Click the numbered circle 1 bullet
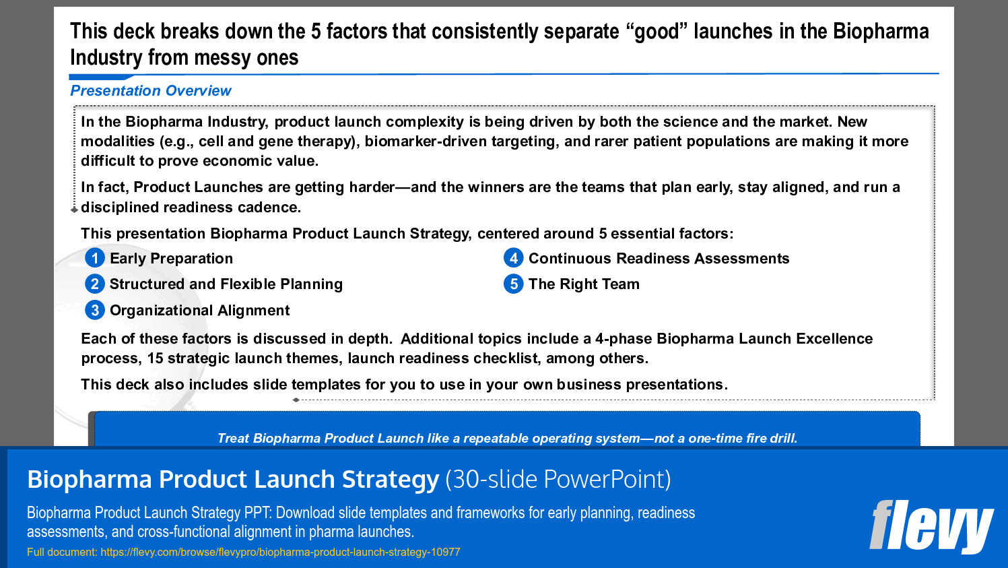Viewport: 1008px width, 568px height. coord(95,258)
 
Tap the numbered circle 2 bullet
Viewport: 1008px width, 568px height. coord(95,284)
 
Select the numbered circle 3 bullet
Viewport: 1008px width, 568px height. coord(95,310)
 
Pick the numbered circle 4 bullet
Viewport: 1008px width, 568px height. coord(514,258)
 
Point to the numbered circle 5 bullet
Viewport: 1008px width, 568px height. coord(514,284)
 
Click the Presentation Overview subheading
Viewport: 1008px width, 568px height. coord(151,91)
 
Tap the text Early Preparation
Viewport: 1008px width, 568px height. coord(171,259)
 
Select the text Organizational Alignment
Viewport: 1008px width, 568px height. coord(199,311)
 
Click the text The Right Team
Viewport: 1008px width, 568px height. coord(584,284)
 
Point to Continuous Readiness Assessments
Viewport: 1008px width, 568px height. coord(659,259)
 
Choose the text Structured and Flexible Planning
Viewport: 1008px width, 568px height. coord(226,284)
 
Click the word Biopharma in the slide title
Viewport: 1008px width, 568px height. coord(881,32)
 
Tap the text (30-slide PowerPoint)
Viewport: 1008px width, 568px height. coord(558,480)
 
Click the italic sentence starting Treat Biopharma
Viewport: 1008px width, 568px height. coord(507,439)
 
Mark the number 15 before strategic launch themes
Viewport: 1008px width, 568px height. coord(155,358)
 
